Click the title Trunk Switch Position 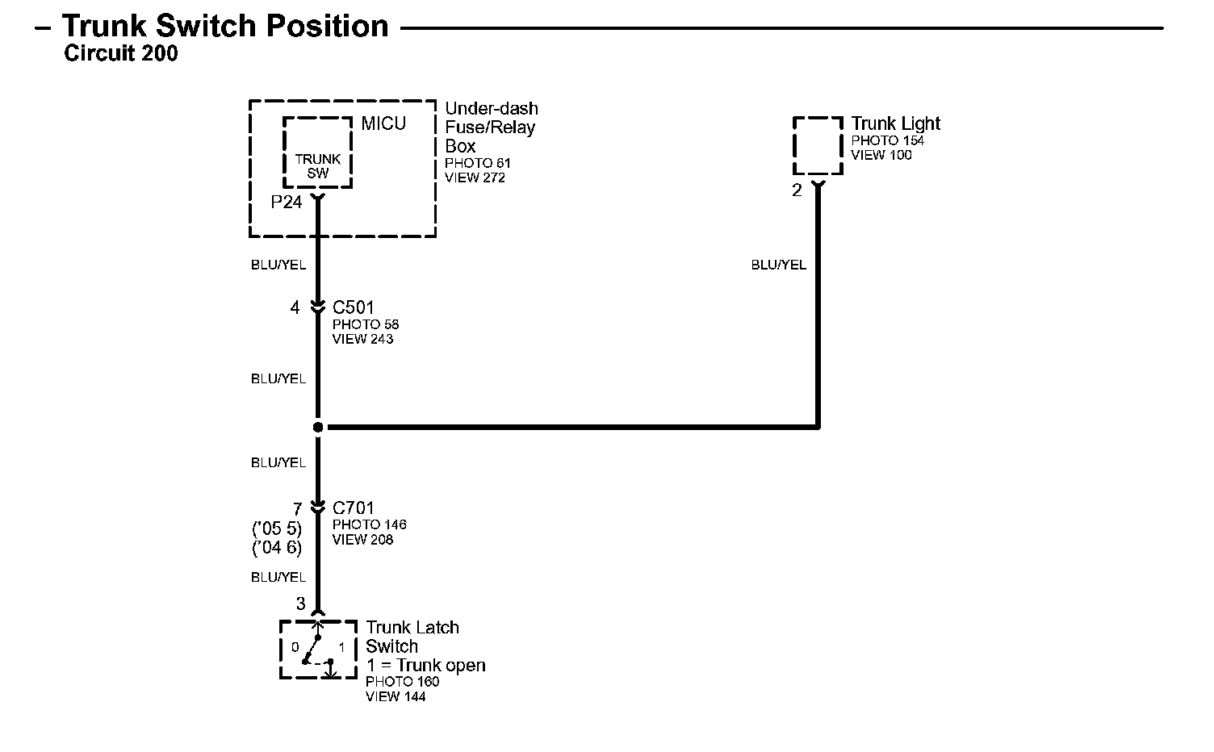click(225, 27)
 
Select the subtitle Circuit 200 click(120, 54)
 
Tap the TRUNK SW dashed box click(317, 153)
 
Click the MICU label click(383, 124)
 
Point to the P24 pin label click(287, 203)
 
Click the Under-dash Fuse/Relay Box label click(491, 127)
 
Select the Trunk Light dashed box click(818, 145)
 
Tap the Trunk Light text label click(896, 123)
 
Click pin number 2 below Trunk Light click(797, 191)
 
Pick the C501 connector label click(354, 307)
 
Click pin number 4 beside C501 click(295, 307)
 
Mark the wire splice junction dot click(318, 427)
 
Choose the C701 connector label click(354, 508)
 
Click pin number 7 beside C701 click(297, 509)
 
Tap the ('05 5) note click(277, 528)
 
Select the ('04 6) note click(277, 547)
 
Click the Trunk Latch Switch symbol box click(318, 650)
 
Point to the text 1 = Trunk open click(425, 666)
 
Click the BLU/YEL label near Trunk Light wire click(778, 265)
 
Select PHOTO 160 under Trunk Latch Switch click(402, 682)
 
